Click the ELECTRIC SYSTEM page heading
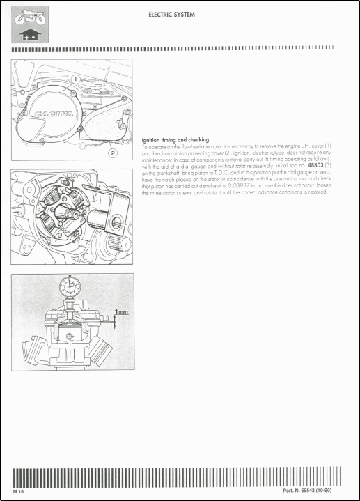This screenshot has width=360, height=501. point(171,13)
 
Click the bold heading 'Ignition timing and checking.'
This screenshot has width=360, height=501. point(175,140)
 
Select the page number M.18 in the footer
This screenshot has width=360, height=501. point(19,492)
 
